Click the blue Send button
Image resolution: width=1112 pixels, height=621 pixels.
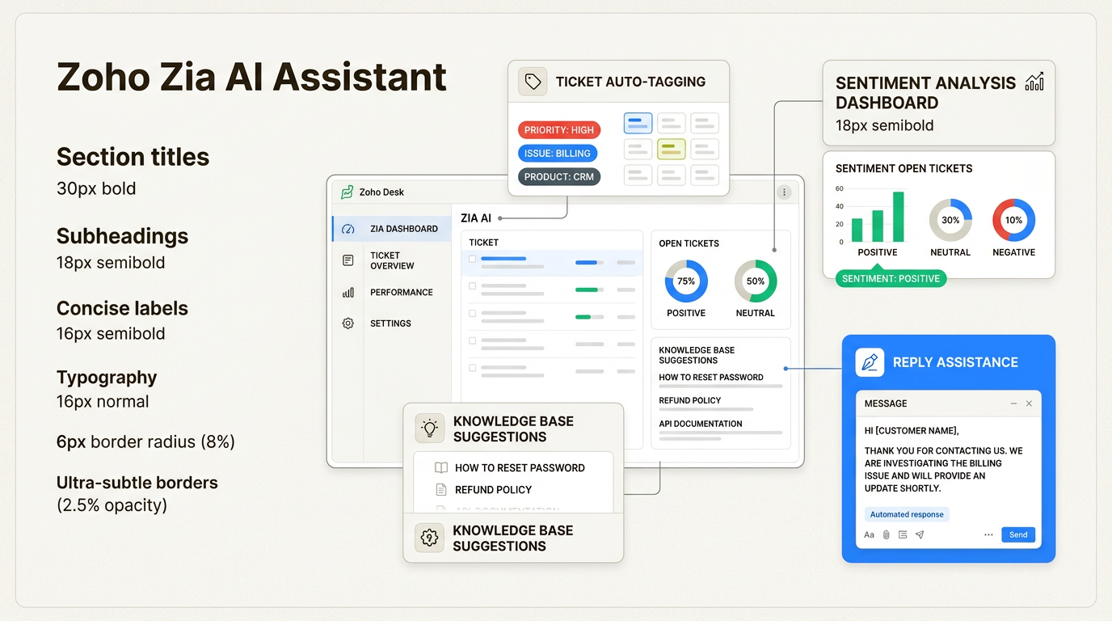point(1018,534)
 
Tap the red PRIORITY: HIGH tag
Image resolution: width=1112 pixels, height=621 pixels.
point(558,130)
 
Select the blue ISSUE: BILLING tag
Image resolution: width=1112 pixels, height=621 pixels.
point(557,154)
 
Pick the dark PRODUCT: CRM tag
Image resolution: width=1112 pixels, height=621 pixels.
point(558,177)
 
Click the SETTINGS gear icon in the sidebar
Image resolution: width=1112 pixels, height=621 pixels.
point(348,323)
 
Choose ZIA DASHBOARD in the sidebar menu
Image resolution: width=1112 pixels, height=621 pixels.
point(403,229)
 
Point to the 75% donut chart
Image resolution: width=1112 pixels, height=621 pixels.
point(686,281)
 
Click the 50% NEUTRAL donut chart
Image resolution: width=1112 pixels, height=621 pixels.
point(756,281)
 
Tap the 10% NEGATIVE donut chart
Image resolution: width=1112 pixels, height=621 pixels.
point(1013,220)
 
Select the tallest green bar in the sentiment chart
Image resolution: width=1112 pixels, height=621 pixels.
point(899,217)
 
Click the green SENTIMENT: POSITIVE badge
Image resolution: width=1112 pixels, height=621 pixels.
point(891,279)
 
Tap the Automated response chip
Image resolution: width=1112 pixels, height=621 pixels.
point(907,514)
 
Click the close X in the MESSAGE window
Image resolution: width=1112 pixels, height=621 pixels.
point(1029,403)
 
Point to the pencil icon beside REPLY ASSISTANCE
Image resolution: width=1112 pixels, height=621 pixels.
point(870,362)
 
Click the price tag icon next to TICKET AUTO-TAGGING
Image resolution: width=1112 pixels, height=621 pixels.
point(533,82)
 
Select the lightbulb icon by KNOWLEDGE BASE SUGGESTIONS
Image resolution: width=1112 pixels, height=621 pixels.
point(429,429)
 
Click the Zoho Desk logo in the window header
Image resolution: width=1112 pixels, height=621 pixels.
point(347,192)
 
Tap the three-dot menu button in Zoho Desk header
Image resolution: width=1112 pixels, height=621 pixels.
point(783,192)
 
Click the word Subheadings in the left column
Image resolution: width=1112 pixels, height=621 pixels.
point(122,236)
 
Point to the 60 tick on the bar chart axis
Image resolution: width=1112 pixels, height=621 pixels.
point(840,189)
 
